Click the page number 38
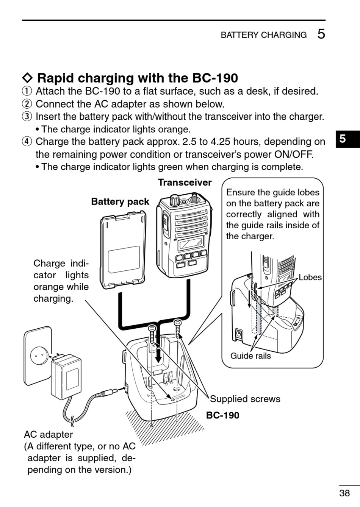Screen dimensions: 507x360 point(344,493)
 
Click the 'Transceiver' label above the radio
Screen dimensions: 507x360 point(185,183)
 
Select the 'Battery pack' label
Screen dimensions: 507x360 point(120,201)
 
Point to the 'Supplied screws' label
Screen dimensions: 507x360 point(245,399)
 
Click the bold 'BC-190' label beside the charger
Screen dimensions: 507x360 point(222,415)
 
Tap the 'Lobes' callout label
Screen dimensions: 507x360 point(310,277)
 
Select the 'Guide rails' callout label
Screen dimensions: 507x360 point(250,356)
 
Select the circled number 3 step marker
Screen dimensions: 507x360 point(27,117)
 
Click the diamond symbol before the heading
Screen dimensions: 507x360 point(28,78)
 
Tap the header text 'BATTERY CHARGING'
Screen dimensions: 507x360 point(264,35)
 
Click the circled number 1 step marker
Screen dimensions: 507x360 point(27,91)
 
